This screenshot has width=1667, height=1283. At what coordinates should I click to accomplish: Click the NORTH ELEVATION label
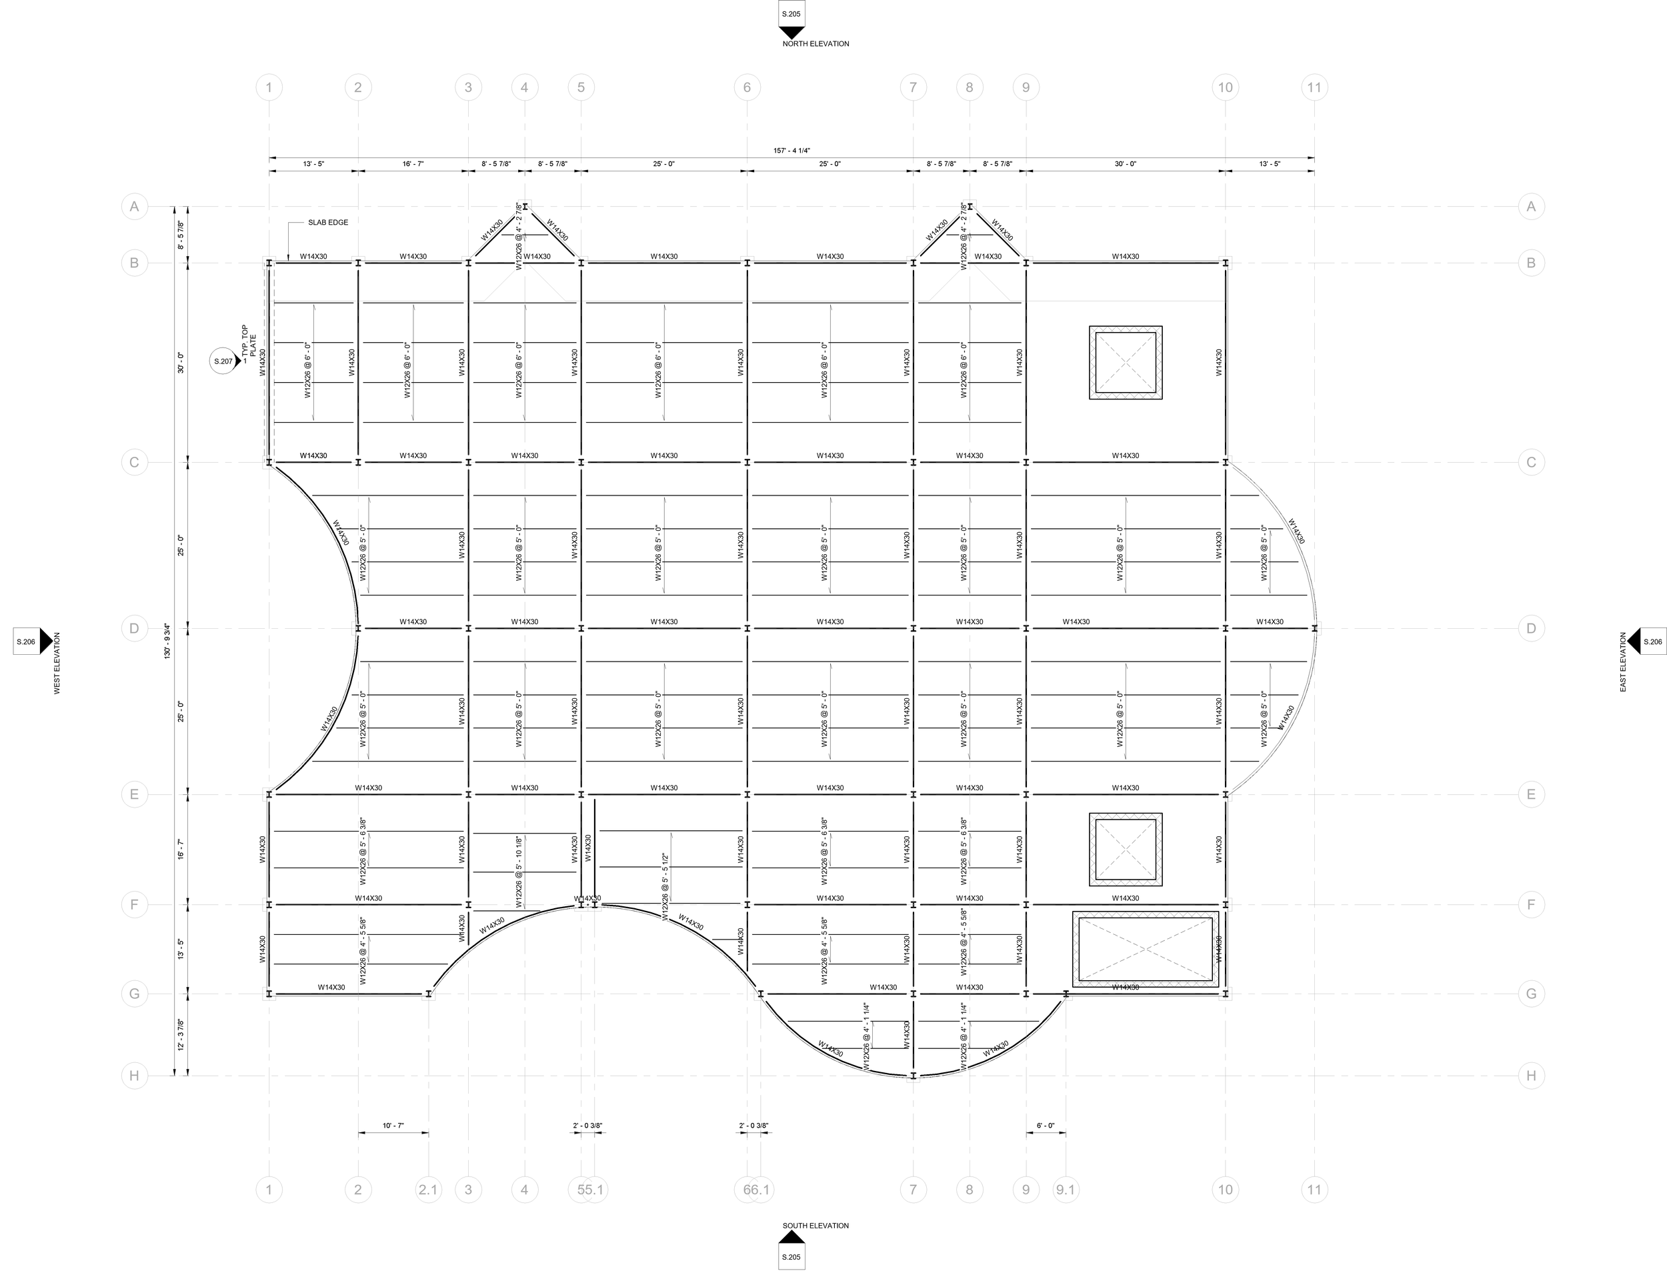[x=815, y=44]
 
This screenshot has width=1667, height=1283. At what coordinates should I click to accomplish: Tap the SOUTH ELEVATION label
[x=815, y=1226]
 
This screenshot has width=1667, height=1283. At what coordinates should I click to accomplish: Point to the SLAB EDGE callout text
[x=328, y=223]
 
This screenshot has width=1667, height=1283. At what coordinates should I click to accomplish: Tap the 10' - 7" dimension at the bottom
[x=393, y=1126]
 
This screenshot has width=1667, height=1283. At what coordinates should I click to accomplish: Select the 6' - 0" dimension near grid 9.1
[x=1046, y=1126]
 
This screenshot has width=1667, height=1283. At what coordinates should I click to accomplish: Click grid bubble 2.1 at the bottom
[x=428, y=1189]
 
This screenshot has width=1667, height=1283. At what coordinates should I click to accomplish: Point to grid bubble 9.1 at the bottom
[x=1066, y=1189]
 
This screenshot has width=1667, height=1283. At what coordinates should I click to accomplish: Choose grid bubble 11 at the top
[x=1314, y=87]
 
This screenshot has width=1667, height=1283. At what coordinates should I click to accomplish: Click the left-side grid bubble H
[x=134, y=1076]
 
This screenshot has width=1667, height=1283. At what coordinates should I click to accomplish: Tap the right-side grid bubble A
[x=1531, y=206]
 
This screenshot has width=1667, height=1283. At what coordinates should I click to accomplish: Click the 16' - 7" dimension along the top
[x=413, y=164]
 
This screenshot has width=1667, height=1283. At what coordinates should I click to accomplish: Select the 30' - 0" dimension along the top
[x=1125, y=164]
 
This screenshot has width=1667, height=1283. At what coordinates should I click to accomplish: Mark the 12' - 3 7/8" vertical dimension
[x=181, y=1035]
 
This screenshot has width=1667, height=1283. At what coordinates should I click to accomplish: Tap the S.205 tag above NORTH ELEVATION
[x=791, y=15]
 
